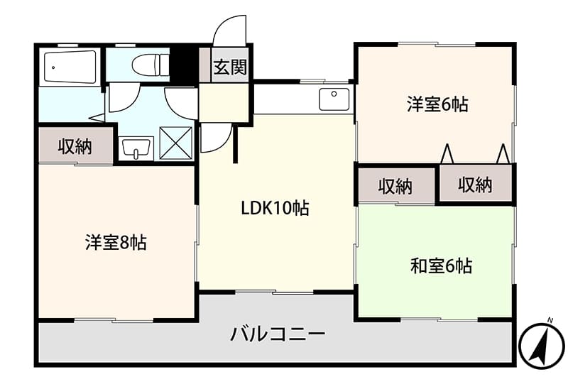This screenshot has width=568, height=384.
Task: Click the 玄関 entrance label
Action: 230,67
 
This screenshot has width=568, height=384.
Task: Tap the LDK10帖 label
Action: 275,208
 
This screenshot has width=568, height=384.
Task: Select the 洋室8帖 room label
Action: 116,242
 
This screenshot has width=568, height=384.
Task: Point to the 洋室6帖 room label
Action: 437,104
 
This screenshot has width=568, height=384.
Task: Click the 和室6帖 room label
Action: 441,266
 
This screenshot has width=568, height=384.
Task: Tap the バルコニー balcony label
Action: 278,334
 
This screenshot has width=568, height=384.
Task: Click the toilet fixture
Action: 151,65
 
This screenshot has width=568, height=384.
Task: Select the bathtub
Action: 70,67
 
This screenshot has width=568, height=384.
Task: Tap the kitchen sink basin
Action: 334,99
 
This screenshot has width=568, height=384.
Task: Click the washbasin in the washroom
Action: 136,148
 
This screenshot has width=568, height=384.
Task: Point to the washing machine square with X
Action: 175,143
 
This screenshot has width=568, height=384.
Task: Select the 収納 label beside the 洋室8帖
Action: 75,146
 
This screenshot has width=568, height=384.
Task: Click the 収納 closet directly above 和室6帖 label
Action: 395,186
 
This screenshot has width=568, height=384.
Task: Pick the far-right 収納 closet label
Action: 475,185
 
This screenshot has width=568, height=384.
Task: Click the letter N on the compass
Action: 550,320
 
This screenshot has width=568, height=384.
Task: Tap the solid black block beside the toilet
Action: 184,65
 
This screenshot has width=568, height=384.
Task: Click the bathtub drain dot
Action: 53,67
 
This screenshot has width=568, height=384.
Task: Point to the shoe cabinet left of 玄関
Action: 205,65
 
